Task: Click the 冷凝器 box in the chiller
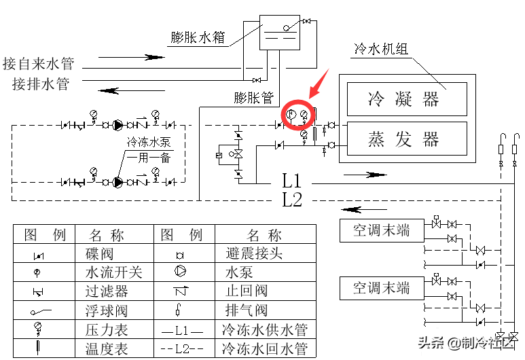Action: click(x=406, y=99)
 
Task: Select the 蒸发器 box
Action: click(x=406, y=139)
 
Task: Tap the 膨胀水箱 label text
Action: click(x=198, y=37)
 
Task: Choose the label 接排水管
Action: click(x=41, y=84)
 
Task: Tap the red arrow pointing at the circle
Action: click(x=319, y=84)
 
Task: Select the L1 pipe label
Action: click(x=292, y=181)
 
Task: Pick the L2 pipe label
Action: click(x=292, y=200)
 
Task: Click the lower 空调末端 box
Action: click(x=381, y=287)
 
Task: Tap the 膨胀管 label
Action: click(x=253, y=97)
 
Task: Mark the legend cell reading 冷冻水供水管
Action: click(x=264, y=330)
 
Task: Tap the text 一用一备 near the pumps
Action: click(x=148, y=158)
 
